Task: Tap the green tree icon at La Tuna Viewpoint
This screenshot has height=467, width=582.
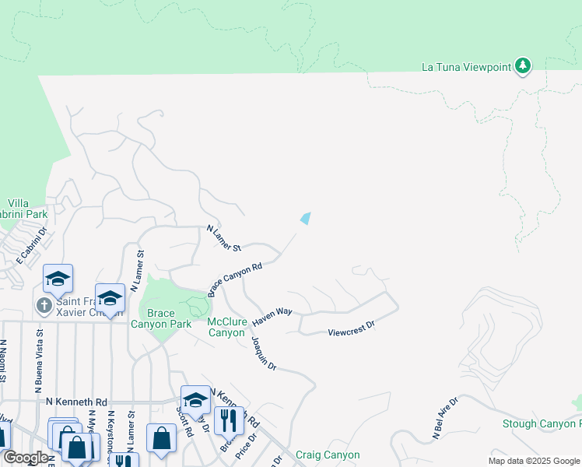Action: [x=523, y=66]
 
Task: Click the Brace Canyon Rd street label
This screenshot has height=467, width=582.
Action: [x=234, y=279]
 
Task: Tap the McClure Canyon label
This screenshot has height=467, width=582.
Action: [x=226, y=327]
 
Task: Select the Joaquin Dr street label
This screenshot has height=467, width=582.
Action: [x=264, y=353]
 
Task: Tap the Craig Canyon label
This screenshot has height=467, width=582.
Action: [x=328, y=455]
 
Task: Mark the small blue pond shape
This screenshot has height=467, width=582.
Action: [x=306, y=219]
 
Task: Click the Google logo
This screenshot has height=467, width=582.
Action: [x=24, y=458]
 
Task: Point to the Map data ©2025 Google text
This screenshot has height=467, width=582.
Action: [x=533, y=461]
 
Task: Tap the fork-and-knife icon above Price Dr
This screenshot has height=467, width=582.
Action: [x=229, y=420]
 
